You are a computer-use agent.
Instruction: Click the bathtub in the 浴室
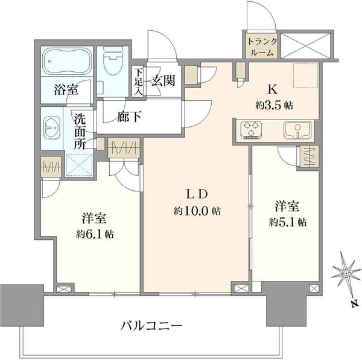click(x=67, y=61)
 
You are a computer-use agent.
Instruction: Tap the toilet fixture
click(x=113, y=60)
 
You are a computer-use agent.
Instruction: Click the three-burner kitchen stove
click(x=251, y=130)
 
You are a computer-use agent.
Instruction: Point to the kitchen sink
click(x=297, y=130)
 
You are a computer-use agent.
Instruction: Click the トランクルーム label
click(x=262, y=47)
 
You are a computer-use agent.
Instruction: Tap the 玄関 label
click(x=164, y=80)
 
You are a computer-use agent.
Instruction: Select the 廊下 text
click(x=129, y=117)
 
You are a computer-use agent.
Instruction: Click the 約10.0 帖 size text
click(x=197, y=211)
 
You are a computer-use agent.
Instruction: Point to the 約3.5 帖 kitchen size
click(x=274, y=106)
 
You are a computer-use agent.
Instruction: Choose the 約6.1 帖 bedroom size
click(x=95, y=234)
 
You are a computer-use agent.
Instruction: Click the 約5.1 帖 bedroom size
click(x=288, y=222)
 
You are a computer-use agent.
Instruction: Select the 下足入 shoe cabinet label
click(x=139, y=82)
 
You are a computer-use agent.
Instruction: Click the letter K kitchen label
click(x=273, y=89)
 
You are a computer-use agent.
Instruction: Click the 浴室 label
click(x=66, y=89)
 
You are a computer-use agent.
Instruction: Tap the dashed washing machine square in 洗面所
click(x=79, y=166)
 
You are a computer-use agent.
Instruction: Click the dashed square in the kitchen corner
click(x=306, y=76)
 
